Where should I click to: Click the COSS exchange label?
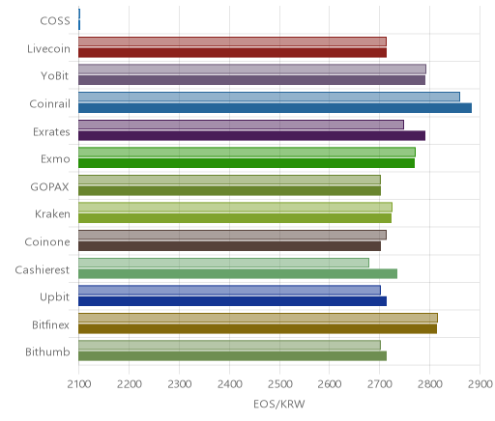55,21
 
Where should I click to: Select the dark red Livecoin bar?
232,52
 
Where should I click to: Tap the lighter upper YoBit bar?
252,69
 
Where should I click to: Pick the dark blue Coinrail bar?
275,108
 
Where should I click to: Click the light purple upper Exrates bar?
241,125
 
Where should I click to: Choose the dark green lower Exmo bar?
247,163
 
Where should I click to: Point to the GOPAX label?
49,187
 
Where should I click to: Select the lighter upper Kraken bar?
235,208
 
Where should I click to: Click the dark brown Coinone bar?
229,246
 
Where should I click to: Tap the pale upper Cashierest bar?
223,263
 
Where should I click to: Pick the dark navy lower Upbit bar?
232,301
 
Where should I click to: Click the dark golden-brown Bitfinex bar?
257,329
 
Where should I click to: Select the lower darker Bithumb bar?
232,356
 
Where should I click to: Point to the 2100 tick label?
79,384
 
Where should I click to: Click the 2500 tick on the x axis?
279,384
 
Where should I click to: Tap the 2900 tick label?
480,384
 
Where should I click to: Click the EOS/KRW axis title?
279,405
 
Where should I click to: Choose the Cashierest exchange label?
43,269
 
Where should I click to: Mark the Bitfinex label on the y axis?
50,324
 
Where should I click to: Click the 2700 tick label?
380,384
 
